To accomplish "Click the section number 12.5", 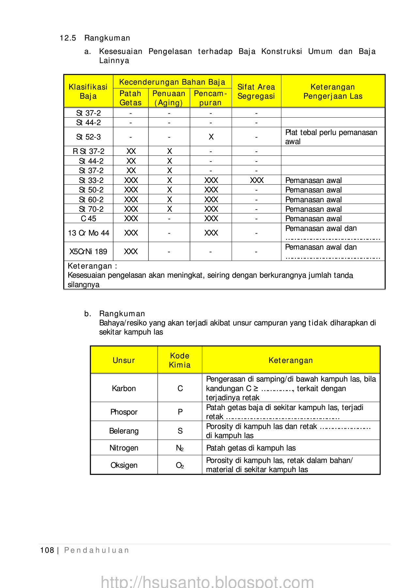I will point(68,38).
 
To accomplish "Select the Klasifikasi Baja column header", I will point(88,91).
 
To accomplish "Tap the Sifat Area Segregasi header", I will point(256,91).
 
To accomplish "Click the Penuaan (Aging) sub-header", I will point(169,98).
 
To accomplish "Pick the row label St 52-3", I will point(88,137).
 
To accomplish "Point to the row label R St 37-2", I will point(88,151).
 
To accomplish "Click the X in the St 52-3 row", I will point(211,137).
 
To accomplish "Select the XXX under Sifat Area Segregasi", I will point(257,180).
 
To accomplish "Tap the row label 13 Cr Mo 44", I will point(88,233).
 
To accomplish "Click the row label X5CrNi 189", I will point(88,252).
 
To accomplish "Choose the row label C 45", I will point(88,219).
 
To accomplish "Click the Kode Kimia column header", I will point(180,360).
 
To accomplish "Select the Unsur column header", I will point(124,360).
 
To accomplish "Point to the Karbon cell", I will point(124,388).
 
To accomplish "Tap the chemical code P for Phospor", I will point(180,412).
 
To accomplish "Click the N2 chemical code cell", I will point(180,448).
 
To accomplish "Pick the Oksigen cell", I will point(124,465).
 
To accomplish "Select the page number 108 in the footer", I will point(47,550).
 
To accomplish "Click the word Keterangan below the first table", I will point(90,266).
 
